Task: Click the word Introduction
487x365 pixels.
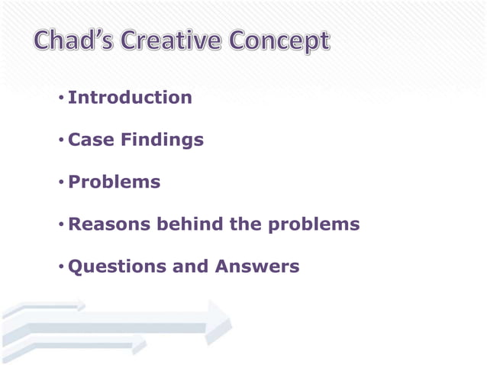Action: coord(130,98)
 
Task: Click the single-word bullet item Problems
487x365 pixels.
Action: coord(114,182)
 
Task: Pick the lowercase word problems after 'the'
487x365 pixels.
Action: coord(314,225)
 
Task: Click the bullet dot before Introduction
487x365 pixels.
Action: coord(60,99)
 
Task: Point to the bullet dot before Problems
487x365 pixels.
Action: coord(60,183)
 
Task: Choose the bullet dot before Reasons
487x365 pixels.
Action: coord(60,225)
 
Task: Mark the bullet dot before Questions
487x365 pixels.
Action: coord(60,268)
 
